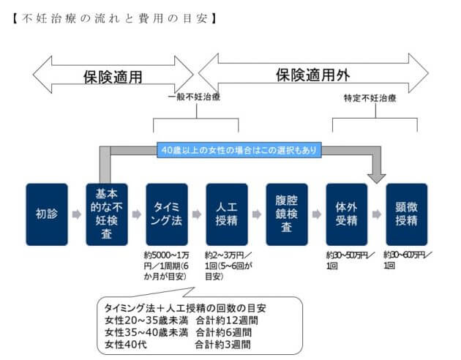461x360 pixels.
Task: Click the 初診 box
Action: click(47, 214)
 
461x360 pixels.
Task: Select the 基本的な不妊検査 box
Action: click(107, 214)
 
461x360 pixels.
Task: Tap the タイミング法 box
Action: click(167, 214)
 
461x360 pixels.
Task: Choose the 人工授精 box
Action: click(227, 214)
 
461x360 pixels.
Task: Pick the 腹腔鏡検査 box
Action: click(287, 214)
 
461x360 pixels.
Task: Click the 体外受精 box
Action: click(347, 214)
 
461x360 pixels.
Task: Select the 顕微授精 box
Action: click(407, 214)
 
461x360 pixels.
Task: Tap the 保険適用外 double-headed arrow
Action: click(313, 74)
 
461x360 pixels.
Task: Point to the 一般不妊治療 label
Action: click(195, 97)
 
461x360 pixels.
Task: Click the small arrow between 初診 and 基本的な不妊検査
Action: click(77, 214)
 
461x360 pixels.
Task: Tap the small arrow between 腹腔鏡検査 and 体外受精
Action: click(317, 214)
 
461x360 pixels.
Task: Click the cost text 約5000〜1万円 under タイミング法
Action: click(166, 264)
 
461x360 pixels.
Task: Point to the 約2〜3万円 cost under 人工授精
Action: click(226, 264)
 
